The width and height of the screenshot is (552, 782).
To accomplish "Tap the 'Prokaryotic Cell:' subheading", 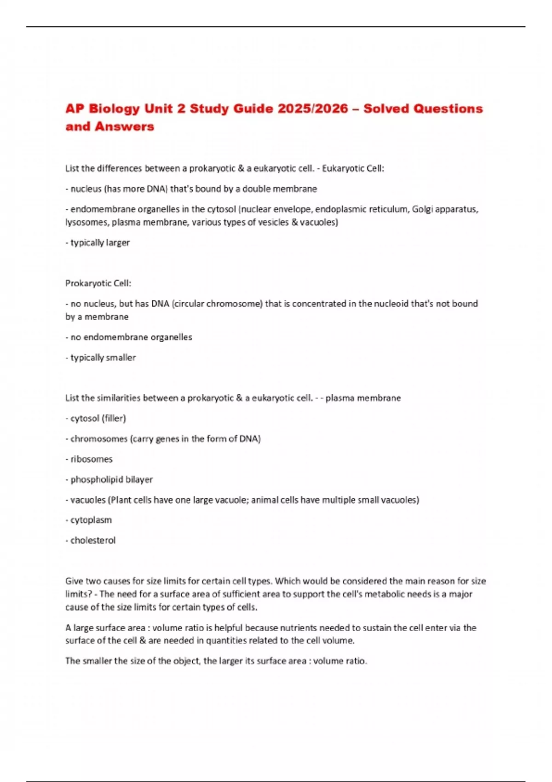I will tap(98, 283).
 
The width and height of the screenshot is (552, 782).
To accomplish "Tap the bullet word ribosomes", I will tap(91, 459).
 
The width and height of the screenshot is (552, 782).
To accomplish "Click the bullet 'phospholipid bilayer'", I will tap(111, 479).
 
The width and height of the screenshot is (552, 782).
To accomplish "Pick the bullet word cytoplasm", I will tap(91, 520).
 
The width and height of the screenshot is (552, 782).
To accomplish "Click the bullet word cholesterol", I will tap(92, 540).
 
